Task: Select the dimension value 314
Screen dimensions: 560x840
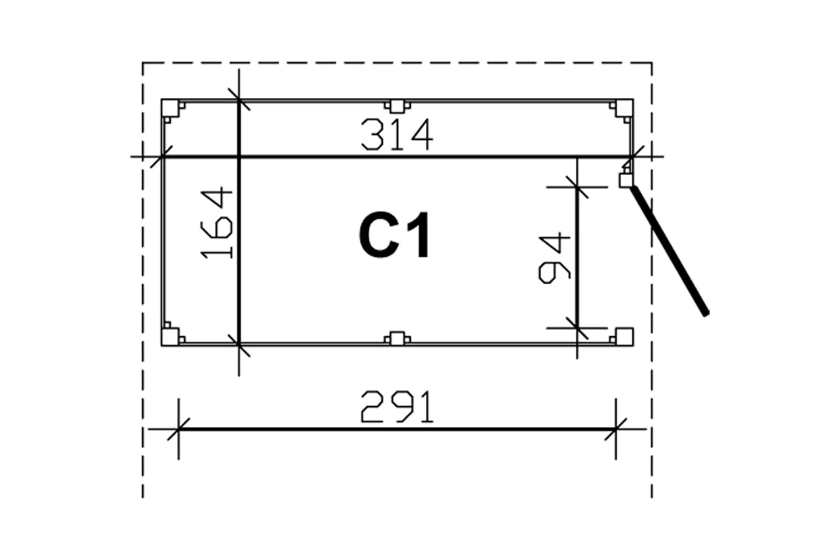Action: pyautogui.click(x=397, y=135)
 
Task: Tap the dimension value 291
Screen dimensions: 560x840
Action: pyautogui.click(x=397, y=407)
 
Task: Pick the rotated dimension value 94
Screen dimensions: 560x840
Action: pyautogui.click(x=556, y=258)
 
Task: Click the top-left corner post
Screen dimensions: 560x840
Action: pyautogui.click(x=169, y=108)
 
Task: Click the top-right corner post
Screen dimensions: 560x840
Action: pyautogui.click(x=624, y=108)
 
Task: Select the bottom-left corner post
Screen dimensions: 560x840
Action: pyautogui.click(x=169, y=337)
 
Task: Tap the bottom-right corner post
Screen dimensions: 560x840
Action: pyautogui.click(x=624, y=336)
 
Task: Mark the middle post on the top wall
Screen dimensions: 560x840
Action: pyautogui.click(x=397, y=106)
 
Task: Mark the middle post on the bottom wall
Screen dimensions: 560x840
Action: pyautogui.click(x=397, y=339)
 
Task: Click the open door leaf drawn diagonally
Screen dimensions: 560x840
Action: pyautogui.click(x=668, y=250)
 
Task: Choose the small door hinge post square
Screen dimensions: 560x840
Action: pyautogui.click(x=626, y=180)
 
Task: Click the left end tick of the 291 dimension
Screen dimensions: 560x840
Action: pyautogui.click(x=178, y=428)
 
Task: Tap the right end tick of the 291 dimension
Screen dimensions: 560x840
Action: pyautogui.click(x=616, y=428)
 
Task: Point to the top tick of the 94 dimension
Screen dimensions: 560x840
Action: pyautogui.click(x=577, y=186)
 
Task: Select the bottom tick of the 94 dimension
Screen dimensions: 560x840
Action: pyautogui.click(x=577, y=327)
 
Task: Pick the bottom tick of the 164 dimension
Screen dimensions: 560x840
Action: pyautogui.click(x=239, y=344)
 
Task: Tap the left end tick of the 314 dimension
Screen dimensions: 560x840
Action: pyautogui.click(x=163, y=157)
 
